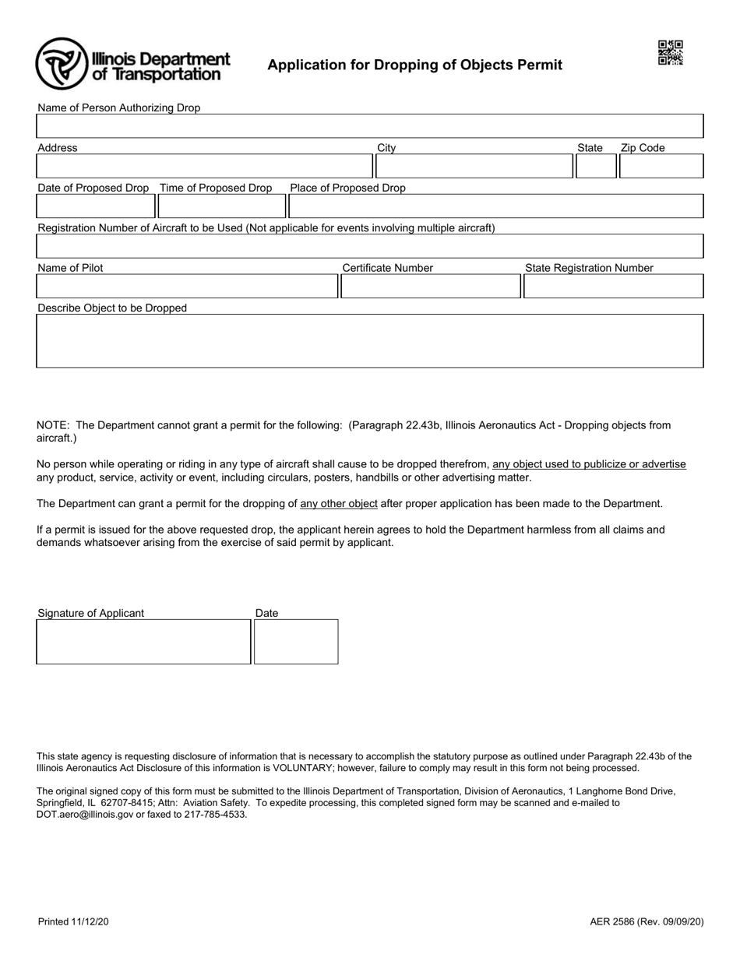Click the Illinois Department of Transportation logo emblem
[x=62, y=64]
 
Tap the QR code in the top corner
[x=670, y=53]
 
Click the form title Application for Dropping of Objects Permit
[x=414, y=65]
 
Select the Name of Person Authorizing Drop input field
[x=369, y=126]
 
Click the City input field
[x=474, y=167]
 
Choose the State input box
[x=596, y=167]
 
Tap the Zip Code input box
[x=661, y=167]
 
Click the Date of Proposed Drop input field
[x=96, y=206]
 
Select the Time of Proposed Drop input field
[x=222, y=206]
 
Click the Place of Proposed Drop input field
[x=495, y=206]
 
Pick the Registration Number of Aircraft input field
[x=369, y=246]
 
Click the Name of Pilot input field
[x=187, y=287]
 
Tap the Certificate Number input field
[x=431, y=287]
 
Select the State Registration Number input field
[x=613, y=287]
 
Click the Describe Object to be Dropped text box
[x=369, y=340]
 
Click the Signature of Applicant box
[x=143, y=642]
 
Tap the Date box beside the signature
[x=296, y=642]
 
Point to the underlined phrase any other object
[x=339, y=504]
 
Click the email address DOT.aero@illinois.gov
[x=85, y=815]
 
